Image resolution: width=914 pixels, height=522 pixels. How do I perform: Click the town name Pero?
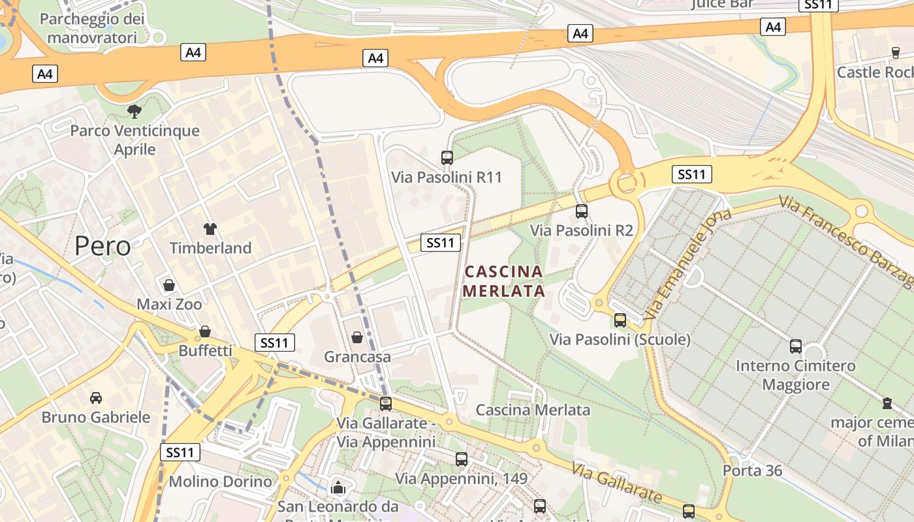click(102, 246)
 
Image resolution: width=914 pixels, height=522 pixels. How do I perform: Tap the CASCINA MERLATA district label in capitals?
click(504, 281)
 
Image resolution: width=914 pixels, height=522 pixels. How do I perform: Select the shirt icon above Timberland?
click(210, 229)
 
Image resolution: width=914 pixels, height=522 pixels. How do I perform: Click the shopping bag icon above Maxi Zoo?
click(169, 285)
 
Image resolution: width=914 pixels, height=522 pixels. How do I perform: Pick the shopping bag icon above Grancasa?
click(357, 337)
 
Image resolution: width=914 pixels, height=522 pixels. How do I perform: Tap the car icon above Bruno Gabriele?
click(96, 397)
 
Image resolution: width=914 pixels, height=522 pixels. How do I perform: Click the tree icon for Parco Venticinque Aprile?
click(134, 111)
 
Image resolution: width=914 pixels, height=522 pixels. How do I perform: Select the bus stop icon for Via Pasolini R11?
click(447, 157)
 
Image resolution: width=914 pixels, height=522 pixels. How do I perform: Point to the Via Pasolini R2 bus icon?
click(582, 211)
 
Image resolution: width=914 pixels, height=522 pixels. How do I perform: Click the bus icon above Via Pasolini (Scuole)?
click(620, 320)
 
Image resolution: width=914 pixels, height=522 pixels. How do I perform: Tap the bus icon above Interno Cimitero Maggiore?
click(796, 346)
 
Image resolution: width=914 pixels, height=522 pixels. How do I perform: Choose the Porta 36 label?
click(752, 470)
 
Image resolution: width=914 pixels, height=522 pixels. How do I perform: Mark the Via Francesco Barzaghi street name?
click(849, 241)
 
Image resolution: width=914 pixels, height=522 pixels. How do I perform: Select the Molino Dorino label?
click(220, 482)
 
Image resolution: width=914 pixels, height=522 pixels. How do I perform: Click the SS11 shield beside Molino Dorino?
click(180, 452)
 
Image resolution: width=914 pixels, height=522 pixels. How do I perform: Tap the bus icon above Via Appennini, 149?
click(462, 459)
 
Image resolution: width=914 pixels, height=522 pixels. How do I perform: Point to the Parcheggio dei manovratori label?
click(91, 28)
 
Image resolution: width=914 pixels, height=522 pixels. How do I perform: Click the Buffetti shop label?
click(205, 350)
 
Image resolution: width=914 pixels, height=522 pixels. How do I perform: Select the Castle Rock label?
click(875, 72)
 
